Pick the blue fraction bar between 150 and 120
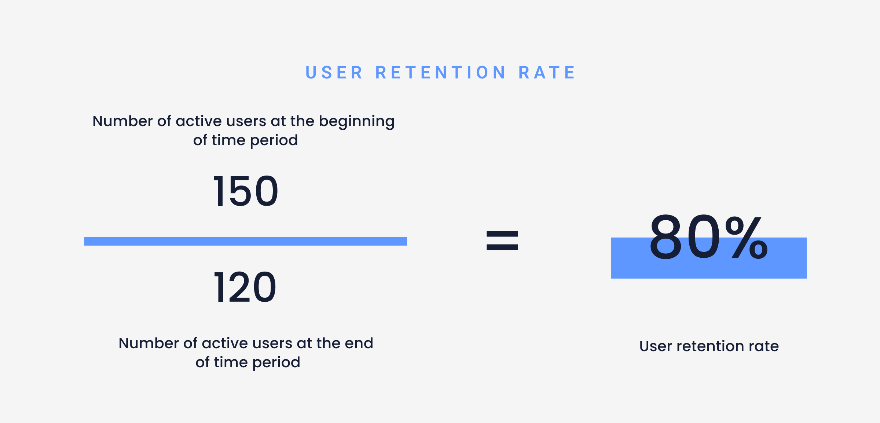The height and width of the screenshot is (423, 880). (246, 241)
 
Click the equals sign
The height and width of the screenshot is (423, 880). (502, 240)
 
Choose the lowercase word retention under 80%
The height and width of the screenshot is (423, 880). (710, 346)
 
